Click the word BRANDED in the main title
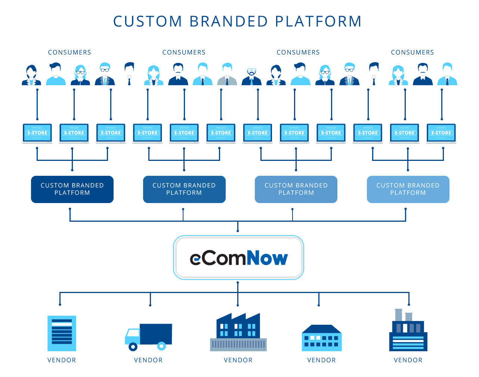229,22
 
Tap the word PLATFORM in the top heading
318,22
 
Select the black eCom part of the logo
218,258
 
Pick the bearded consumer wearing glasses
251,76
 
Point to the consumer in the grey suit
227,74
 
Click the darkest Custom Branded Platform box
72,189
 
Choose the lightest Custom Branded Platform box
408,189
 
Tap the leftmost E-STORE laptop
37,134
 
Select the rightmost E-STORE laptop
441,134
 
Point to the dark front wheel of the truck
133,346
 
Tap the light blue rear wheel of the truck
161,346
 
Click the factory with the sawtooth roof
238,332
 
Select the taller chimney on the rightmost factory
398,315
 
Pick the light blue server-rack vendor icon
62,333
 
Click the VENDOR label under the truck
148,360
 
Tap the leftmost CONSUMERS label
69,52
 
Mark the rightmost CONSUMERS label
412,52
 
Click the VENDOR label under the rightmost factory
408,360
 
